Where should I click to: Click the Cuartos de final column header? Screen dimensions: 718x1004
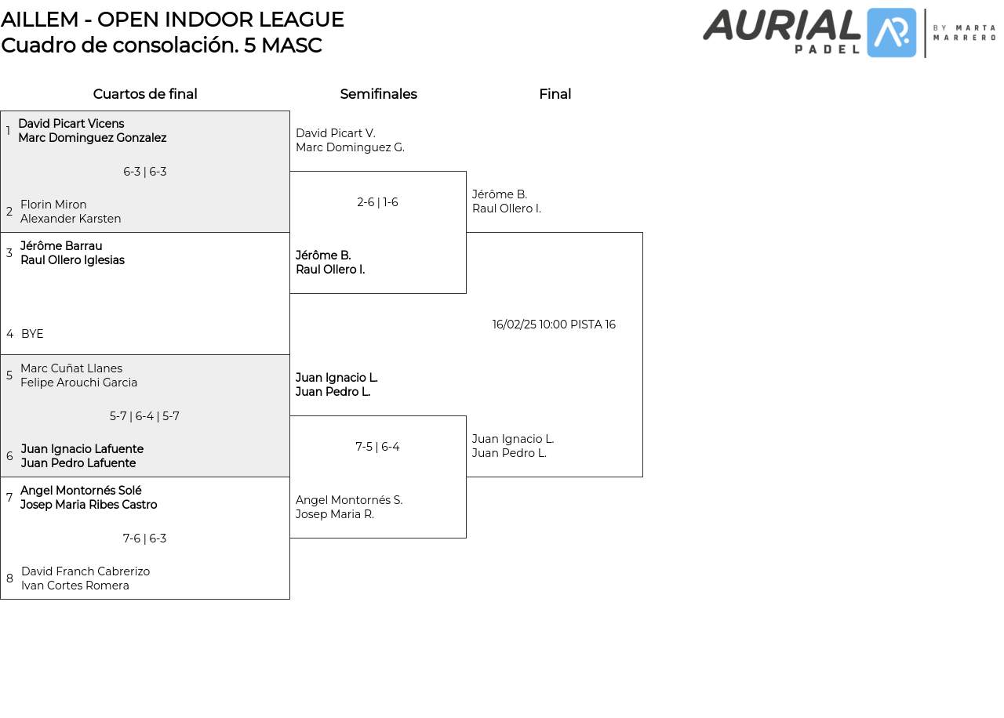tap(145, 94)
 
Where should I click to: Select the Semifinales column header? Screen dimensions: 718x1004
tap(378, 94)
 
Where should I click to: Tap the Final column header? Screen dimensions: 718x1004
tap(555, 94)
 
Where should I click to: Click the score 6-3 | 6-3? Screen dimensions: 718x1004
tap(145, 172)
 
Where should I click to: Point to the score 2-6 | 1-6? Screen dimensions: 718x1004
tap(377, 202)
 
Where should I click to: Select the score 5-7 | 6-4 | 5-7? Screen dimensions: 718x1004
tap(144, 416)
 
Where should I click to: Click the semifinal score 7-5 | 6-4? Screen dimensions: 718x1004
tap(377, 447)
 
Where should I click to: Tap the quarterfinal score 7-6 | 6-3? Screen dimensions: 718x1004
tap(144, 538)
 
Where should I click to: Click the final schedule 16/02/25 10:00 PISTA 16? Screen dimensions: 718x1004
tap(554, 325)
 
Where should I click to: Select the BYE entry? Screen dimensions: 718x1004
tap(32, 334)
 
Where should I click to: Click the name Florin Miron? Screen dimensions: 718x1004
tap(53, 205)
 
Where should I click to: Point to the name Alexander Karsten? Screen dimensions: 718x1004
tap(71, 219)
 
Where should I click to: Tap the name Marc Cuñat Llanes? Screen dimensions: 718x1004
tap(71, 368)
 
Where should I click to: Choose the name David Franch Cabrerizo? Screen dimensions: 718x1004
tap(85, 571)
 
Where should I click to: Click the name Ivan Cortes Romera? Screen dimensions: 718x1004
tap(75, 586)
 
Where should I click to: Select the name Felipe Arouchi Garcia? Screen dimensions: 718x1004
tap(78, 383)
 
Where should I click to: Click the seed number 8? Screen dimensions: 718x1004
tap(9, 578)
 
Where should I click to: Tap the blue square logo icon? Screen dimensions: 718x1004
tap(891, 33)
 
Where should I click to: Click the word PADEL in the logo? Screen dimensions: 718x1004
tap(826, 49)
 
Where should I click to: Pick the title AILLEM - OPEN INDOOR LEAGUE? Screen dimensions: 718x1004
tap(173, 20)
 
